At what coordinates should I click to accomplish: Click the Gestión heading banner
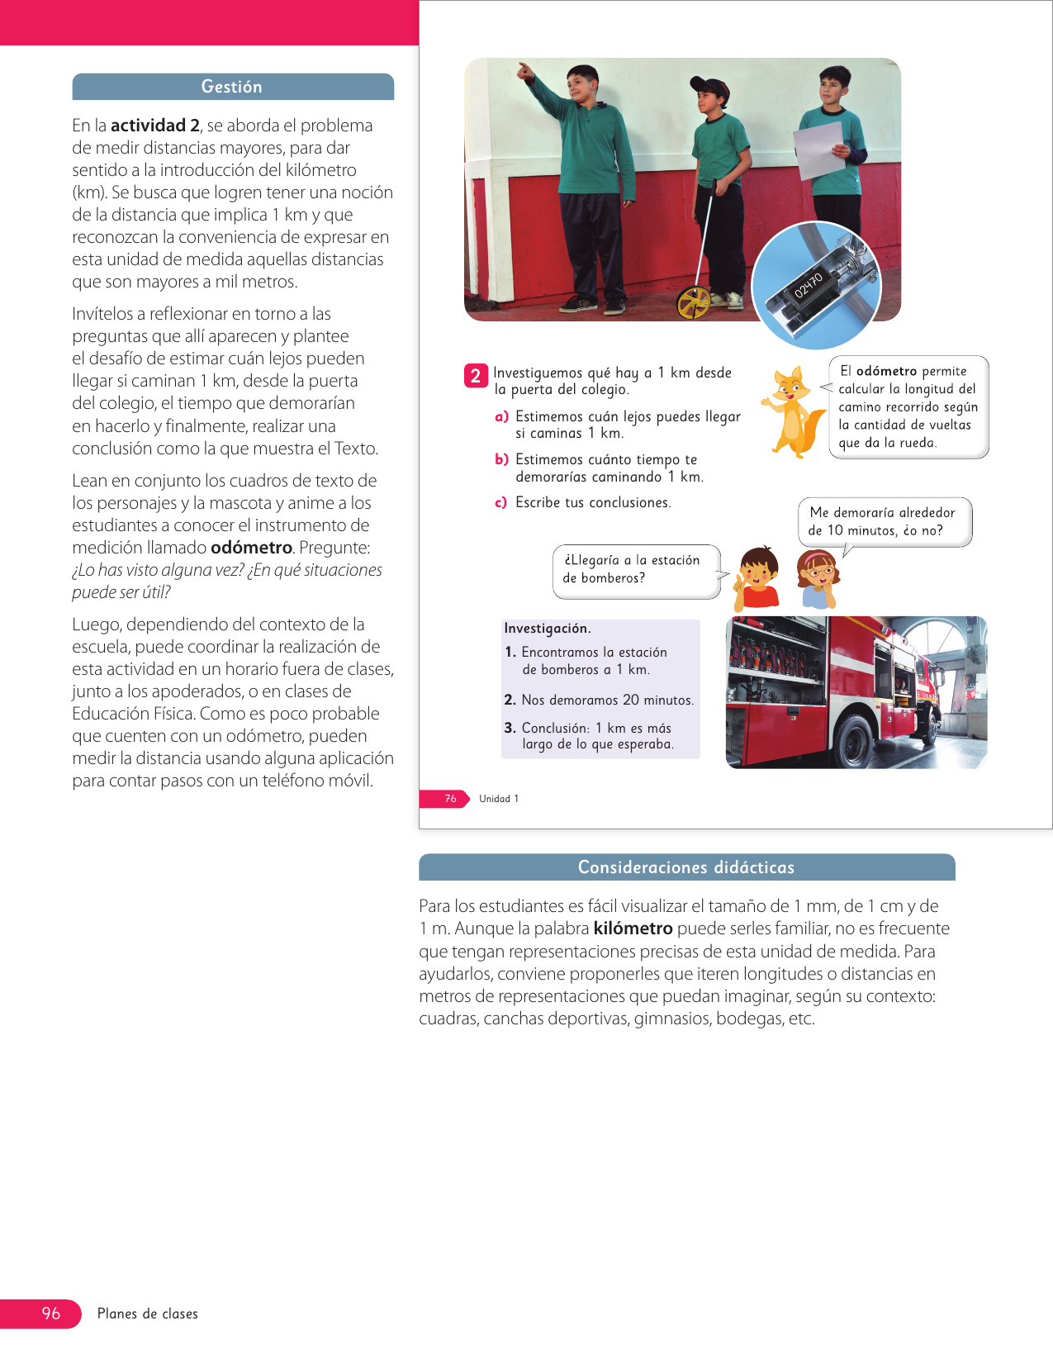coord(232,87)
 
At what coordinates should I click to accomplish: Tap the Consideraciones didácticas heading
coord(685,867)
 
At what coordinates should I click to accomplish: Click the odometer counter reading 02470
coord(809,285)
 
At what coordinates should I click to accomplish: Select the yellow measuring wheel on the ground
coord(694,303)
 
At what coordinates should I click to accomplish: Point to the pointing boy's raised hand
coord(523,70)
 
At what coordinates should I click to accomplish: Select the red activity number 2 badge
coord(476,376)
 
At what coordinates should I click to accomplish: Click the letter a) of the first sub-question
coord(501,417)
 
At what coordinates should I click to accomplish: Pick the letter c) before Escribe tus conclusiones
coord(500,502)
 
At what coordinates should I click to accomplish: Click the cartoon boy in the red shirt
coord(758,578)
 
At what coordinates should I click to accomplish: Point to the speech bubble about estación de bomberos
coord(634,569)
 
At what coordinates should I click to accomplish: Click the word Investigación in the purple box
coord(547,629)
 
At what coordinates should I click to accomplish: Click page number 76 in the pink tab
coord(450,799)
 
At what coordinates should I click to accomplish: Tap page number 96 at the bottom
coord(51,1313)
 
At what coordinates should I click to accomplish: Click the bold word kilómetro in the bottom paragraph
coord(633,928)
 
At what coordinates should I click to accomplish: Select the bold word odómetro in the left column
coord(251,548)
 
